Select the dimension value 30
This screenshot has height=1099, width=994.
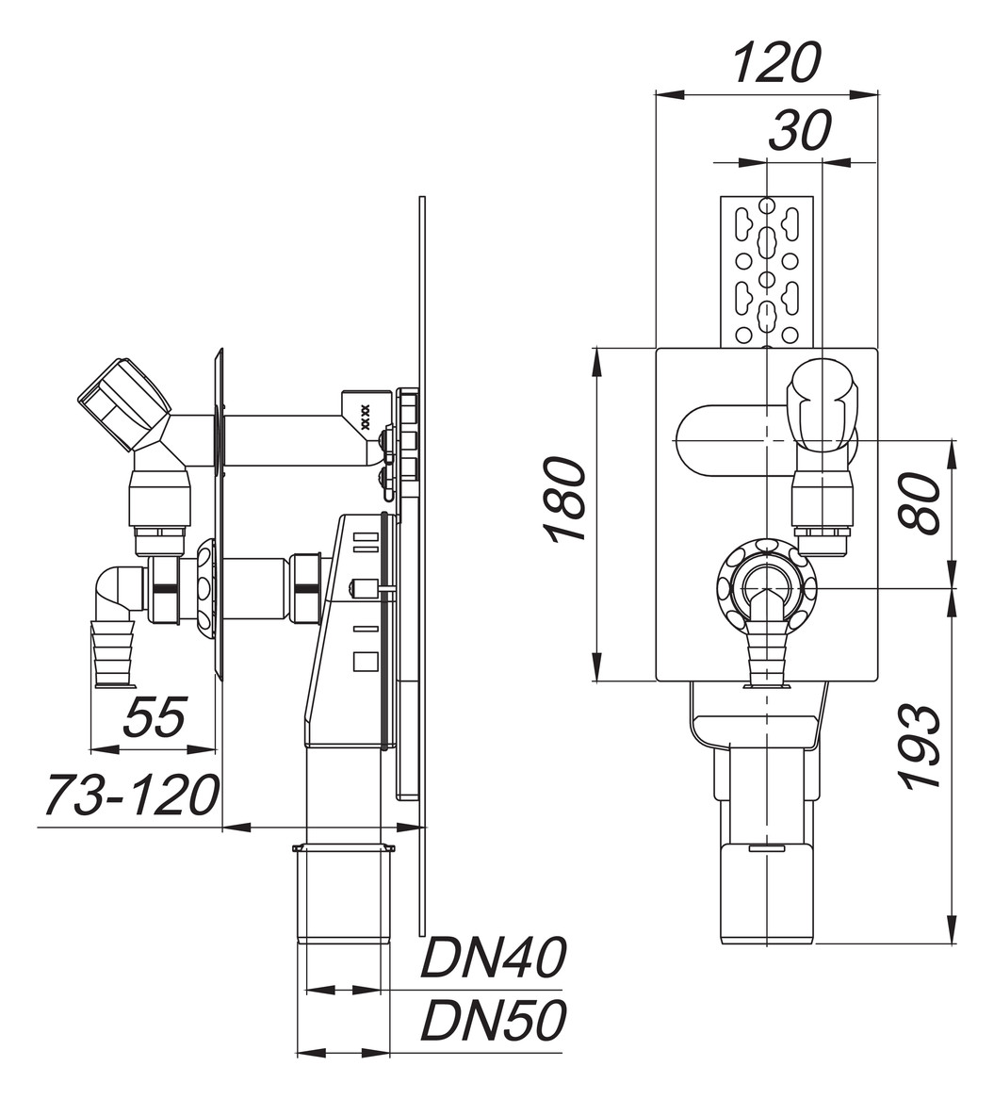point(799,131)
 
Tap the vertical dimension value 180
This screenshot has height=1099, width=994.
point(565,499)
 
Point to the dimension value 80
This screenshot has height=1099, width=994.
point(920,503)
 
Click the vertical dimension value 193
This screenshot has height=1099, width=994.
point(920,746)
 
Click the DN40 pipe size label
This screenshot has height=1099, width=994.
point(493,959)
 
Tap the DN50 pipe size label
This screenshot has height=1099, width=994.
point(493,1020)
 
